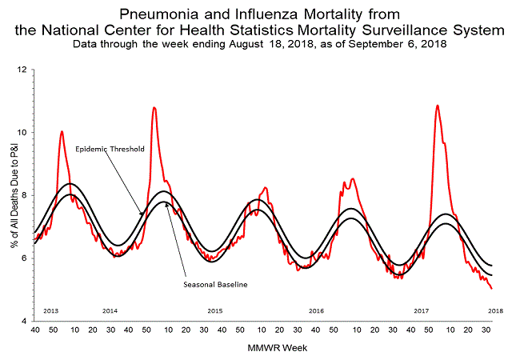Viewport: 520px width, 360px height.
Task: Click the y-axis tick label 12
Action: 22,70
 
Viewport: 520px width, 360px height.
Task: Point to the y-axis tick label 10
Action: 22,133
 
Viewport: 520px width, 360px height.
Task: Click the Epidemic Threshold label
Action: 110,149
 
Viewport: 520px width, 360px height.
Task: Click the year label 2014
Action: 110,310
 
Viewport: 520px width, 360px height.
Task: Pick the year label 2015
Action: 214,310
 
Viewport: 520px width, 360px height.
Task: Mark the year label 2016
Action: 316,310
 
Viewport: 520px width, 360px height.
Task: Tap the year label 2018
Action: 495,310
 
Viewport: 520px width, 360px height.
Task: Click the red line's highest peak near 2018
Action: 437,106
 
